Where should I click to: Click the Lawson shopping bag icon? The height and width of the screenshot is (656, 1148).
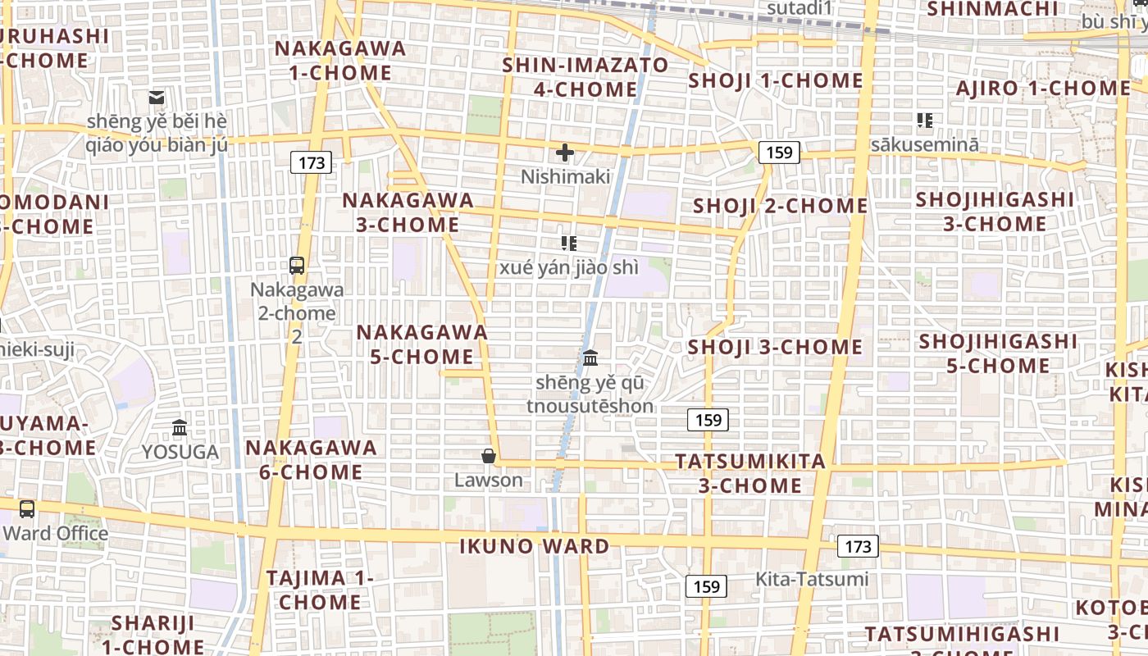489,456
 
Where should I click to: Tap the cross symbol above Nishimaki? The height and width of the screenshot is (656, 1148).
565,153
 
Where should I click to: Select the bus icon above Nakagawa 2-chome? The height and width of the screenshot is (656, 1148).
297,266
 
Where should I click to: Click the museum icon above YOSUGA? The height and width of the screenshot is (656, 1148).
180,427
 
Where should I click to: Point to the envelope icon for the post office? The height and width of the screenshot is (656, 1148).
157,98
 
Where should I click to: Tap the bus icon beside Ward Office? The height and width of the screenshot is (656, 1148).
27,509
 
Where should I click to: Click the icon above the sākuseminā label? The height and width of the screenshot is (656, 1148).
925,121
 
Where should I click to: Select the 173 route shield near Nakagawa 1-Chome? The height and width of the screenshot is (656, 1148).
312,162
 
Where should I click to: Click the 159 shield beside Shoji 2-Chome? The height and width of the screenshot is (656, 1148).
779,152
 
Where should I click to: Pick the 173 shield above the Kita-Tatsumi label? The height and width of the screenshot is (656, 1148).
859,546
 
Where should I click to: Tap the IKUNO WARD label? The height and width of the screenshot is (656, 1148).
534,546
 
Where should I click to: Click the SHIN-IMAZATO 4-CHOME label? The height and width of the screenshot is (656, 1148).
585,76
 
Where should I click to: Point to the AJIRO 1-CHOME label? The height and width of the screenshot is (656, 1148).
1043,89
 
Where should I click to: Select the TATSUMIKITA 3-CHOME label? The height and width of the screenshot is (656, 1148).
750,473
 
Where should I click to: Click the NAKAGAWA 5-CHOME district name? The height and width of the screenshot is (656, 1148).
422,344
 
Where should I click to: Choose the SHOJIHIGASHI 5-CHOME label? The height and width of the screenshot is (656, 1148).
998,353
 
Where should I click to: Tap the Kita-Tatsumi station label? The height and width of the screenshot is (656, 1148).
811,580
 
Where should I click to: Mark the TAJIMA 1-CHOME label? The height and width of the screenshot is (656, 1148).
320,590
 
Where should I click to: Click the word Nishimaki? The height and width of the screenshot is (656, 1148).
566,176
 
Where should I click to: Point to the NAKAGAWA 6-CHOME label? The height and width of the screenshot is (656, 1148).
312,459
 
